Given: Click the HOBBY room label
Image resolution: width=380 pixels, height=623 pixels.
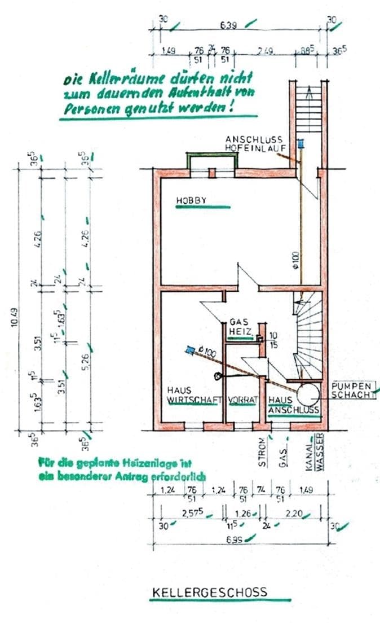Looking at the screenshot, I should (191, 200).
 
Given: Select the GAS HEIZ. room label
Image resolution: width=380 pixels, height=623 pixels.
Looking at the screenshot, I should (239, 327).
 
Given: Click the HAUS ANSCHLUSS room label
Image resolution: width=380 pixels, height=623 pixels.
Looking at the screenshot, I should (293, 405).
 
